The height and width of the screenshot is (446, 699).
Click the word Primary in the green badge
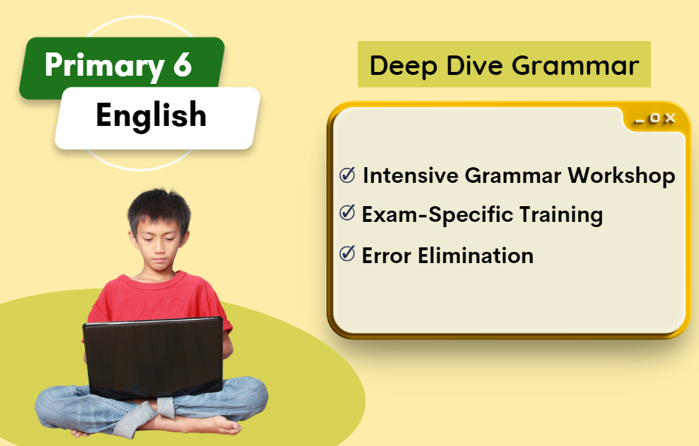pyautogui.click(x=105, y=66)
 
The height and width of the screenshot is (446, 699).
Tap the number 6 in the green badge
pyautogui.click(x=182, y=64)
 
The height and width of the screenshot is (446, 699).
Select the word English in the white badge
pyautogui.click(x=151, y=115)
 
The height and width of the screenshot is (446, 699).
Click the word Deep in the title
pyautogui.click(x=403, y=66)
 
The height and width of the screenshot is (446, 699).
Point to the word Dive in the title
pyautogui.click(x=475, y=65)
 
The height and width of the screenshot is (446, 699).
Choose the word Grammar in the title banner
pyautogui.click(x=576, y=65)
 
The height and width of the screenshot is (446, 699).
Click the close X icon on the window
pyautogui.click(x=670, y=118)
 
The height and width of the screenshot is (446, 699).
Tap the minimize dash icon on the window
pyautogui.click(x=639, y=121)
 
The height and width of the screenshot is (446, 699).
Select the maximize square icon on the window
pyautogui.click(x=655, y=118)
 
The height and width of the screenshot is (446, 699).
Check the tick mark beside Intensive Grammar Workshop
pyautogui.click(x=348, y=175)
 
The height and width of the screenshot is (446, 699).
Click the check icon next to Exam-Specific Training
pyautogui.click(x=348, y=213)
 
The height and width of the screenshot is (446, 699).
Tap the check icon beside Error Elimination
pyautogui.click(x=348, y=253)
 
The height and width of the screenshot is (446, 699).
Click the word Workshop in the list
pyautogui.click(x=622, y=176)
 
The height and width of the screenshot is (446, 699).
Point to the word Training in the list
pyautogui.click(x=561, y=215)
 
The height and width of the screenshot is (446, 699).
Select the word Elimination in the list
pyautogui.click(x=476, y=256)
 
